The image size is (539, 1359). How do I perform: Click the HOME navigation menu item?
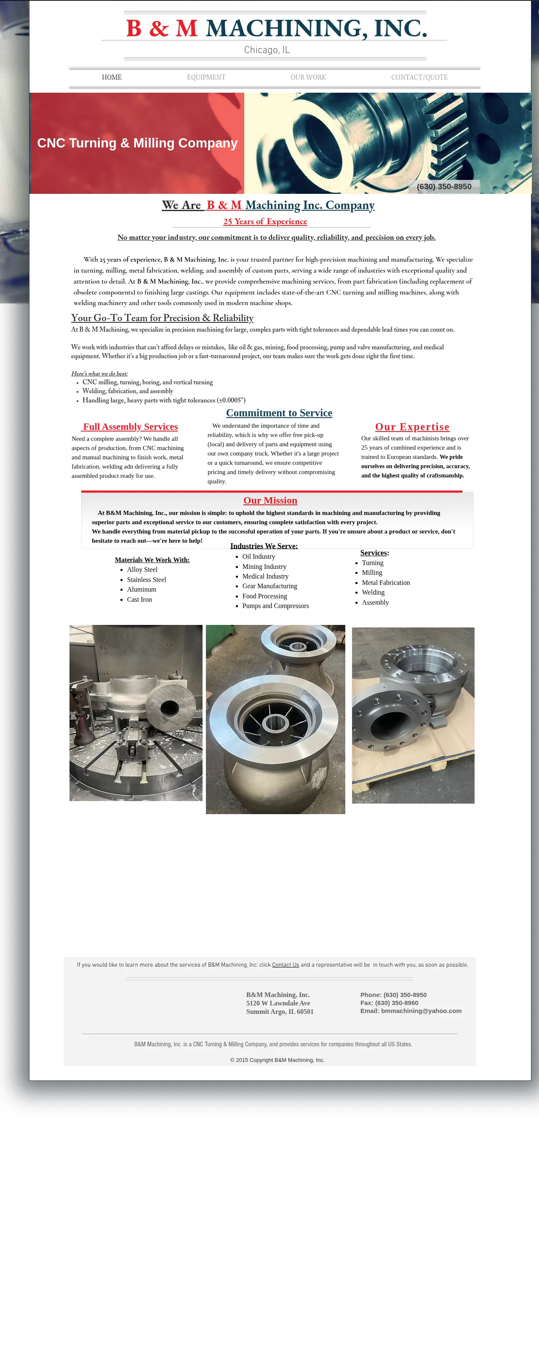(x=112, y=77)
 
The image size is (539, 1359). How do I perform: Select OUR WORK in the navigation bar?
(x=308, y=77)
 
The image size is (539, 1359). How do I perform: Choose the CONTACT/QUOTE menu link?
(x=419, y=77)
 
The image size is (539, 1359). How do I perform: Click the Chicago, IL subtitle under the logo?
(x=267, y=50)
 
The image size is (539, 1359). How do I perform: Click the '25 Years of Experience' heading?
(x=265, y=222)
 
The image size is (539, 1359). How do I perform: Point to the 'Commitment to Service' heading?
(x=279, y=413)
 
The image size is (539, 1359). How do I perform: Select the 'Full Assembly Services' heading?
(x=130, y=427)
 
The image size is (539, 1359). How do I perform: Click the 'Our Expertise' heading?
(x=412, y=427)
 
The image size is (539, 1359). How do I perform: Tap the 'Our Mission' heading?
(x=270, y=501)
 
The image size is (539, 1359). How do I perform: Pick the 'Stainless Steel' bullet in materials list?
(x=146, y=580)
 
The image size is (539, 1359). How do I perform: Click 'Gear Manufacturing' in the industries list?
(x=269, y=586)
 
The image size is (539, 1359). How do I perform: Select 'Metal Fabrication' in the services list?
(x=386, y=582)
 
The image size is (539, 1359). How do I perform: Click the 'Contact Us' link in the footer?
(x=286, y=965)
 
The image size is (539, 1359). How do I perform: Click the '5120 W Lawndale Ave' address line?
(x=278, y=1003)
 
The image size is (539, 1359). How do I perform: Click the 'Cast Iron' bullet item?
(x=139, y=599)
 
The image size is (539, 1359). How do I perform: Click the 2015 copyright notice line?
(x=277, y=1060)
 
